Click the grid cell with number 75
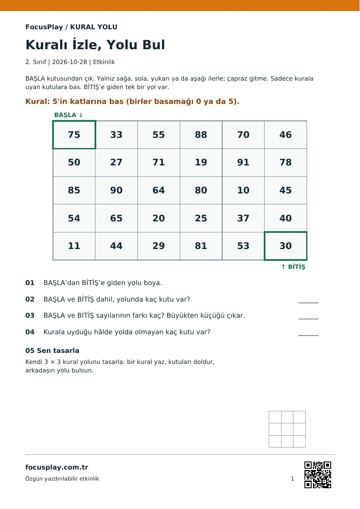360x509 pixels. coord(74,135)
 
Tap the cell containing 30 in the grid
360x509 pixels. coord(285,246)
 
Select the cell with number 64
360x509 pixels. coord(159,190)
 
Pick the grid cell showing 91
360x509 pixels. coord(243,162)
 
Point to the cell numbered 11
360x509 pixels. coord(74,246)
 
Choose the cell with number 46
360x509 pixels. coord(285,135)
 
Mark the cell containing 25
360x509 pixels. coord(201,218)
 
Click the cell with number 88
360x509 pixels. coord(201,135)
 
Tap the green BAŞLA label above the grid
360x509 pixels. coord(68,115)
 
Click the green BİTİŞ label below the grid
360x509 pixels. coord(293,267)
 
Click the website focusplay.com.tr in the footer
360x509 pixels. coord(57,467)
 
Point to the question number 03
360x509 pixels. coord(30,316)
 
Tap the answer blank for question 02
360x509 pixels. coord(308,302)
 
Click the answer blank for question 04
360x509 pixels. coord(308,335)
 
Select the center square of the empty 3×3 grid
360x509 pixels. coord(287,429)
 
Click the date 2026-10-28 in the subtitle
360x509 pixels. coord(70,62)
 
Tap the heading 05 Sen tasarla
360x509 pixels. coord(52,351)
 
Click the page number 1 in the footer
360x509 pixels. coord(292,479)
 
